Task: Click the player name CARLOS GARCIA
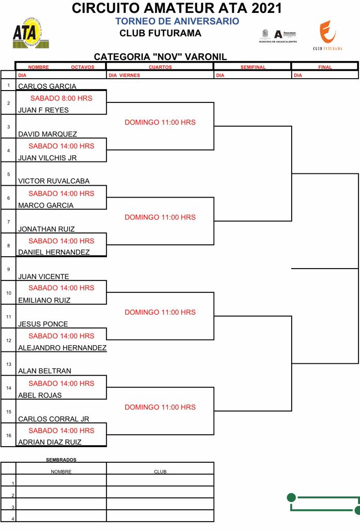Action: pos(47,86)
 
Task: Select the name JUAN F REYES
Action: pos(43,110)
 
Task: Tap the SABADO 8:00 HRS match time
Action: pos(61,98)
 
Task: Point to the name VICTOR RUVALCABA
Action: pos(54,181)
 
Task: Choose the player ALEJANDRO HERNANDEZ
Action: pos(62,348)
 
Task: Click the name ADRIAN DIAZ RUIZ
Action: pos(50,442)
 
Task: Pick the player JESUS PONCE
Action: pos(43,324)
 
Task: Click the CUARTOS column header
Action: pos(160,67)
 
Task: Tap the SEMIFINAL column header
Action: pos(253,67)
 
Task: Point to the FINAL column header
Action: pos(325,67)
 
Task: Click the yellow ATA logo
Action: pos(27,34)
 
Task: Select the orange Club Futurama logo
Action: pos(327,34)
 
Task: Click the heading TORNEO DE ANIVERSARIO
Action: pos(177,21)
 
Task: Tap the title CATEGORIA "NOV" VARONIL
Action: pos(160,57)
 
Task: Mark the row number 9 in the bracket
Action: pos(8,269)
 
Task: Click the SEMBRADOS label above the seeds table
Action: pos(61,460)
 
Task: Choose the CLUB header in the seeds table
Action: pos(160,472)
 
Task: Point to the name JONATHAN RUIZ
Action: pos(47,229)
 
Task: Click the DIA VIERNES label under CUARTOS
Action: pos(125,76)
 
